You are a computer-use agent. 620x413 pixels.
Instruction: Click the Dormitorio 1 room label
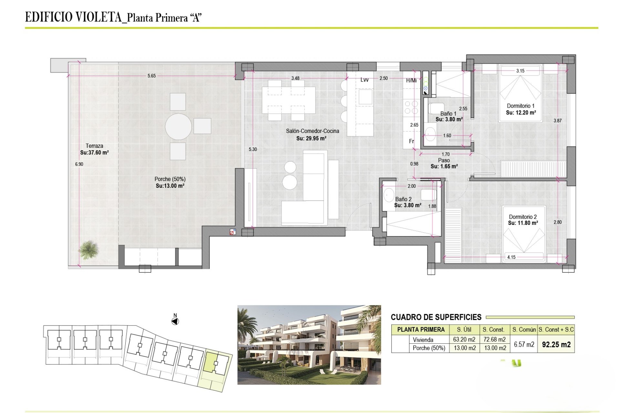coord(521,106)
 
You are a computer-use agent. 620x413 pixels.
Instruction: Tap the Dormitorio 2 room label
coord(523,217)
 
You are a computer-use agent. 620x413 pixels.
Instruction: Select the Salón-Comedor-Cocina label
coord(312,131)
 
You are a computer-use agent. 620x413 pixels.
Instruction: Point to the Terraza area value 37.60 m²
coord(94,153)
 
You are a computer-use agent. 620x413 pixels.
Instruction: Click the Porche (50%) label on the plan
coord(170,179)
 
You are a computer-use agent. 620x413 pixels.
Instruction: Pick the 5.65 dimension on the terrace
coord(151,76)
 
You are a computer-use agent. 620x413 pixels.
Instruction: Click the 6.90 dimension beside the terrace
coord(79,164)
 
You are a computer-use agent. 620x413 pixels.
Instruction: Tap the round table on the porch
coord(179,126)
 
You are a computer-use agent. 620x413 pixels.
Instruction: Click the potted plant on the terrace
coord(88,249)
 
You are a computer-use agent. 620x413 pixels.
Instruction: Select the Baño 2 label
coord(403,199)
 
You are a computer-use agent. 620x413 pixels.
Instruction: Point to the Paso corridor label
coord(444,160)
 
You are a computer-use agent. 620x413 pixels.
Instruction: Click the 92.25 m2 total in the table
coord(556,345)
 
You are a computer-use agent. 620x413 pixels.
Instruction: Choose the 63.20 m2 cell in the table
coord(464,339)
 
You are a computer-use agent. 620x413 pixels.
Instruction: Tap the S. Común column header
coord(524,330)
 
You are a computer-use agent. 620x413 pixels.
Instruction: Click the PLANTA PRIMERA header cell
coord(421,330)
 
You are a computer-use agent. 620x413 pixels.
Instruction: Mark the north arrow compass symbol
coord(175,321)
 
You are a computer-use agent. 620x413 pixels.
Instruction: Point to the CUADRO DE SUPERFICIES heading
coord(436,317)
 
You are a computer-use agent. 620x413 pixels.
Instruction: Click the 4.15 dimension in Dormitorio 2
coord(511,257)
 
